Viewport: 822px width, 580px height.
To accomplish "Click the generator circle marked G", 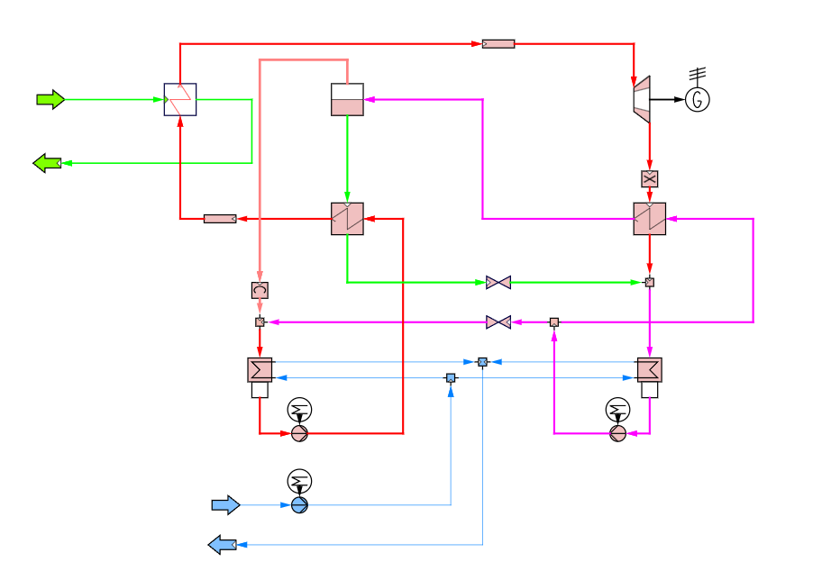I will click(x=697, y=100).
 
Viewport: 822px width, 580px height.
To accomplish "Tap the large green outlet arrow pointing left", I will click(x=47, y=163).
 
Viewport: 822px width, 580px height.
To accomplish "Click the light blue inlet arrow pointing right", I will click(x=225, y=505).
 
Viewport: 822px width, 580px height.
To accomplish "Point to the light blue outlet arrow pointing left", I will click(x=223, y=545).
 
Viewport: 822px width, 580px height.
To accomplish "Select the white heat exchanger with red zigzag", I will click(x=180, y=100).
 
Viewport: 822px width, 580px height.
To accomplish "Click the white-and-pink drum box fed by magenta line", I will click(x=347, y=100).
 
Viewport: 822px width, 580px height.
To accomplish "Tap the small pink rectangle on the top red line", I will click(x=498, y=43).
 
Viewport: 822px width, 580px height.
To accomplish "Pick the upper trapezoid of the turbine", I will click(x=642, y=85).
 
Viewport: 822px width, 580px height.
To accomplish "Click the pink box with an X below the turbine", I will click(x=649, y=178).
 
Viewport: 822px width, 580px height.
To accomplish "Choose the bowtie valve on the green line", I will click(x=498, y=282).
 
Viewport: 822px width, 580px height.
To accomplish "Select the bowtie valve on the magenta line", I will click(x=498, y=322).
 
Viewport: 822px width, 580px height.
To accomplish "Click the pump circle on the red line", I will click(x=299, y=433).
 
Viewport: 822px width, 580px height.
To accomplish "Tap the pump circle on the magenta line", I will click(x=617, y=433).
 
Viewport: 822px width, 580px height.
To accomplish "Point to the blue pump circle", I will click(x=299, y=505).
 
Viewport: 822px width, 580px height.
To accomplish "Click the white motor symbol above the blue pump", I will click(x=299, y=481).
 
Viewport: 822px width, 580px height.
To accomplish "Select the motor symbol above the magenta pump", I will click(x=617, y=410).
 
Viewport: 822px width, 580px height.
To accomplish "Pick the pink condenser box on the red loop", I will click(x=260, y=369).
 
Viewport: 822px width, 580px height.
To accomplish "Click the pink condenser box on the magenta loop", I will click(x=649, y=369).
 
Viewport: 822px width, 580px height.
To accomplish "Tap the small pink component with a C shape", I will click(x=260, y=290).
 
